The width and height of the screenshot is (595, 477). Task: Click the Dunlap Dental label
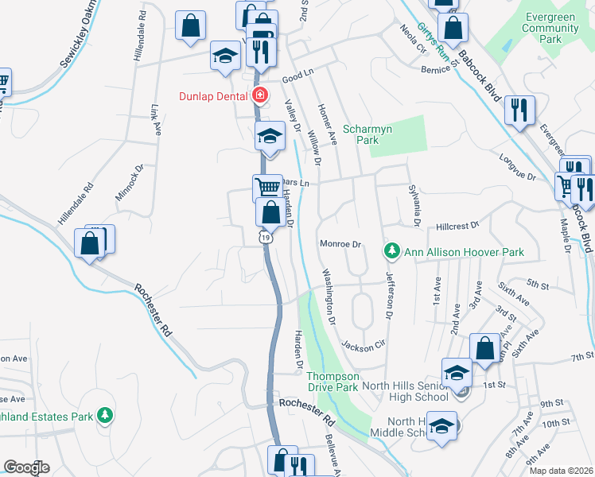[212, 96]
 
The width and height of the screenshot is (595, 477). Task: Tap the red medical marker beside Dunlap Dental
[259, 96]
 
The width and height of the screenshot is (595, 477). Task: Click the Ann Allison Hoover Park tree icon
[391, 252]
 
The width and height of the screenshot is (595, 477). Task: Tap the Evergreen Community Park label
[550, 28]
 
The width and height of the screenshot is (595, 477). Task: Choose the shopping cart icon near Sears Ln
[266, 188]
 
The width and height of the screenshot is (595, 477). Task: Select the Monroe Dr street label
[340, 244]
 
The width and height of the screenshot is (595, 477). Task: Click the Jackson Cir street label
[363, 345]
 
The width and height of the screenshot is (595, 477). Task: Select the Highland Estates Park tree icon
[104, 415]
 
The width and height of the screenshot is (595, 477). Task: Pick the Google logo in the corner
[26, 467]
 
